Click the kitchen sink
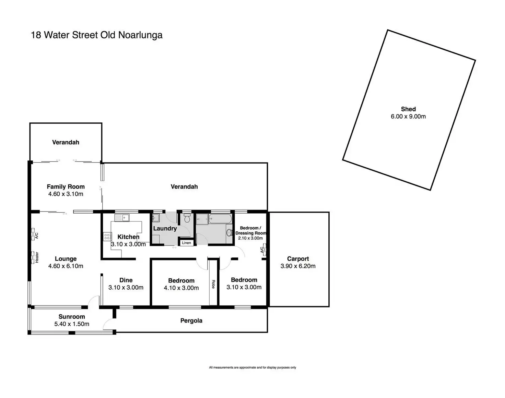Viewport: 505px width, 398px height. pos(122,217)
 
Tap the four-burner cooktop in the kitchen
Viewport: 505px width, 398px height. pos(107,236)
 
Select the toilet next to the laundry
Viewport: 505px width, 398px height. pos(187,218)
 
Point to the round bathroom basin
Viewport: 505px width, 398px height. pos(229,233)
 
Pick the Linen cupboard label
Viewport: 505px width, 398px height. pos(186,243)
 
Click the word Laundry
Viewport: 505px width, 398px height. pos(165,229)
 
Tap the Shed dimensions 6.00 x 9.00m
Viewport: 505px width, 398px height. pos(408,117)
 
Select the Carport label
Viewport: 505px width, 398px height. pos(298,259)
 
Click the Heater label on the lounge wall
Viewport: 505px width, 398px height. pos(36,257)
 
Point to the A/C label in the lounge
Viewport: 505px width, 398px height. pos(36,236)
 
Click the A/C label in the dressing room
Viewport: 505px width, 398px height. pos(262,250)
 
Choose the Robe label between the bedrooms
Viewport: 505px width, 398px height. pos(213,284)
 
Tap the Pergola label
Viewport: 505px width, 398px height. pos(191,321)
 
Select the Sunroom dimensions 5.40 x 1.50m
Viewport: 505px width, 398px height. pos(72,324)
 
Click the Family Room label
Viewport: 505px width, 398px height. pos(66,187)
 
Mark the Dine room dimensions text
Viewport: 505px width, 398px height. pos(126,288)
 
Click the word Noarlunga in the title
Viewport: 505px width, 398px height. pos(140,35)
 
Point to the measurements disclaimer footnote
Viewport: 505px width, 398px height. pos(252,367)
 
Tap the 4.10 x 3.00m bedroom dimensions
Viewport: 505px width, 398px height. pos(181,288)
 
